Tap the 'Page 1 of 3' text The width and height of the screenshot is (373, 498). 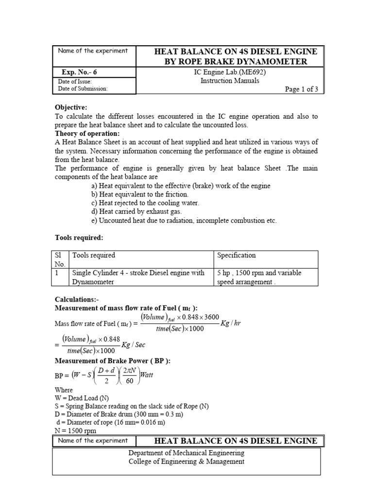301,89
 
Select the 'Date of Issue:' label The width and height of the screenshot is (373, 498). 75,82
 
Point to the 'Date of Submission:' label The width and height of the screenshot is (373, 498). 83,89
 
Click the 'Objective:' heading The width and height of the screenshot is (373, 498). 71,107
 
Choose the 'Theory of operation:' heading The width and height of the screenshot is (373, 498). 88,134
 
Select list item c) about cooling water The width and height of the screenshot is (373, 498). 145,203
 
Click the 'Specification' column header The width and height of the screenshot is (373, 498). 237,255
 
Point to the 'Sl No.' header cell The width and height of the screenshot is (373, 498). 60,260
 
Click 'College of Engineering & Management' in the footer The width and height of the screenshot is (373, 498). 186,462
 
